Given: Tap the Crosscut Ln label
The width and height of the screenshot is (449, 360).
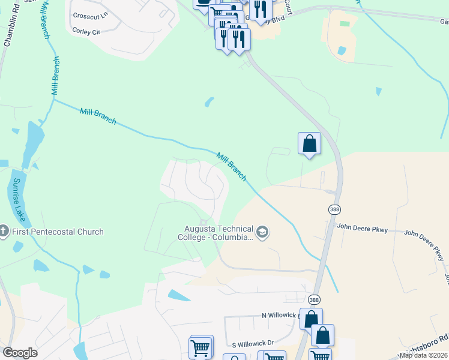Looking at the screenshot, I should pos(88,15).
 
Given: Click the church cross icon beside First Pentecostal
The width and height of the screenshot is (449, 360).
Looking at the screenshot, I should pos(4,232).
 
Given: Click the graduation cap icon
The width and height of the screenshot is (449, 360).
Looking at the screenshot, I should pos(262,232).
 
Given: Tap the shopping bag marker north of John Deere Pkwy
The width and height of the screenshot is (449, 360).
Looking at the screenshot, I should pos(309,143).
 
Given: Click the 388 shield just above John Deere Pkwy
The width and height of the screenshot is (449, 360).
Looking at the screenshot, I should pos(334,209).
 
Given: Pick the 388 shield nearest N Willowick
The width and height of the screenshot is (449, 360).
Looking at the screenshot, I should pos(314,298).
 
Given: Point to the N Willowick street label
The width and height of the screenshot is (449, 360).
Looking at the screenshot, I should pos(280,315).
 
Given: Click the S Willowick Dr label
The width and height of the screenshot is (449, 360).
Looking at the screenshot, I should pos(253,343).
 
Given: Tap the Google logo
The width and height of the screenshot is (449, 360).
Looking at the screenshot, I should pos(20,353).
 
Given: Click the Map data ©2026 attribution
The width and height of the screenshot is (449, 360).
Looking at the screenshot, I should pos(424,355).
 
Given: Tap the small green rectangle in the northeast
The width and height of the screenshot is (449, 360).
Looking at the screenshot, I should pos(345,24).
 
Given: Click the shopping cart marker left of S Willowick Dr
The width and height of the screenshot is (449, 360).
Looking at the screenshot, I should pos(200,347).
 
